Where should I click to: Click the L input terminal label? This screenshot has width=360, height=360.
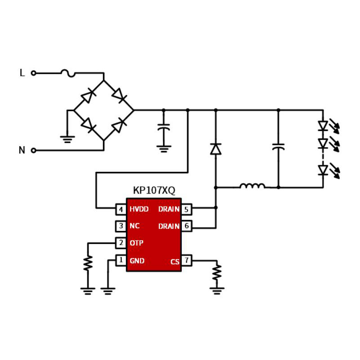pos(22,73)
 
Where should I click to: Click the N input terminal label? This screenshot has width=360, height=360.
pos(22,150)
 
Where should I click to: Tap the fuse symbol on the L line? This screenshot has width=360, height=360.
pos(68,72)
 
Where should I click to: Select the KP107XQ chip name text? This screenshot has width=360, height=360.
pos(154,191)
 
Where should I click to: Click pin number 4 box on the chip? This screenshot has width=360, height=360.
pos(121,209)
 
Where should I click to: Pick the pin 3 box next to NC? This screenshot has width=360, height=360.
pos(121,226)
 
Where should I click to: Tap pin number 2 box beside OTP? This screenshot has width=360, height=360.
pos(121,243)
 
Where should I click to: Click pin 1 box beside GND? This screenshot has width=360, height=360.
pos(121,260)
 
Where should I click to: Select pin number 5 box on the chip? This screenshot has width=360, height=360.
pos(186,209)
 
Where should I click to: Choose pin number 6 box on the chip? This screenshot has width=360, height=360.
pos(186,226)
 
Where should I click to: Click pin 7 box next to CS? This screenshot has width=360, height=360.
pos(186,260)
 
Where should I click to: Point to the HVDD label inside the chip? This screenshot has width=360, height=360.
pos(139,209)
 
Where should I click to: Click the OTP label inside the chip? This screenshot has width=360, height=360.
pos(136,243)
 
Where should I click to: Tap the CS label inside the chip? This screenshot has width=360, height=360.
pos(175,261)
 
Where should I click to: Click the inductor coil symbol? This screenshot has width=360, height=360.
pos(252,185)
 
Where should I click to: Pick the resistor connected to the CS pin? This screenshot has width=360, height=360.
pos(217,271)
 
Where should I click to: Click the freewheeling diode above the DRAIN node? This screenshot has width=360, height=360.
pos(216,149)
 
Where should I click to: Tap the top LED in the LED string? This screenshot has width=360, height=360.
pos(323,126)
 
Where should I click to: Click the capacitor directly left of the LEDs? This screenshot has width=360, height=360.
pos(278,147)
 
